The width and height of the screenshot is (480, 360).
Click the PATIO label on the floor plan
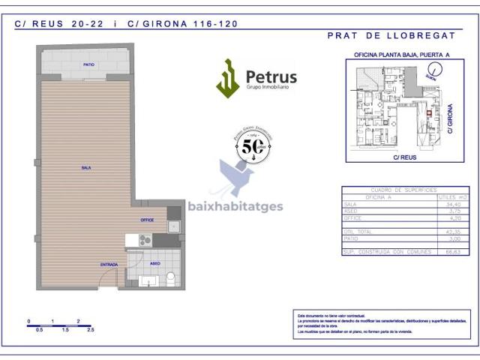88,65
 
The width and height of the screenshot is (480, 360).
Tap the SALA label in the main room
86,167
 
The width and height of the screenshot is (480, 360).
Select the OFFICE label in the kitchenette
147,220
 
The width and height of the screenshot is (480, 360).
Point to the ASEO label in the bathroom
155,263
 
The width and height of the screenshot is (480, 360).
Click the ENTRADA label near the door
109,265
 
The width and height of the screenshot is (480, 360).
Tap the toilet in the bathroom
170,278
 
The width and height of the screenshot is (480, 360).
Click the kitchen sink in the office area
173,226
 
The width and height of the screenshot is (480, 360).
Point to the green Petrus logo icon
227,79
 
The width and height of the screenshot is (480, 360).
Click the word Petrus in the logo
271,76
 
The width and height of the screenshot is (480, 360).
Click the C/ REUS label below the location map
404,157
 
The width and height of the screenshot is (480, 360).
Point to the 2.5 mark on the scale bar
90,329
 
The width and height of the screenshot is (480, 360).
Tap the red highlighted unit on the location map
429,114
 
